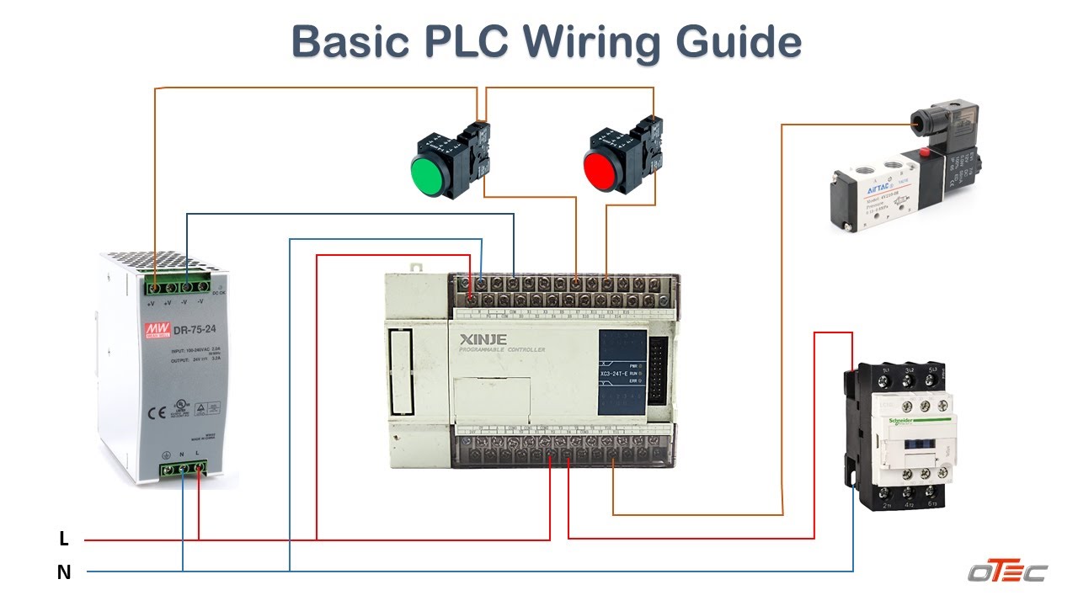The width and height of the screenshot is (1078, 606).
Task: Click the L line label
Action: [x=64, y=540]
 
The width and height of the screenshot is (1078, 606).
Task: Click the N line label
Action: [x=64, y=572]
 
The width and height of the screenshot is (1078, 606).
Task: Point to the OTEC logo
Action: [x=1006, y=572]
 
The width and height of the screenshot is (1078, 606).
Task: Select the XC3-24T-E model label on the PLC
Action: [x=616, y=374]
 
